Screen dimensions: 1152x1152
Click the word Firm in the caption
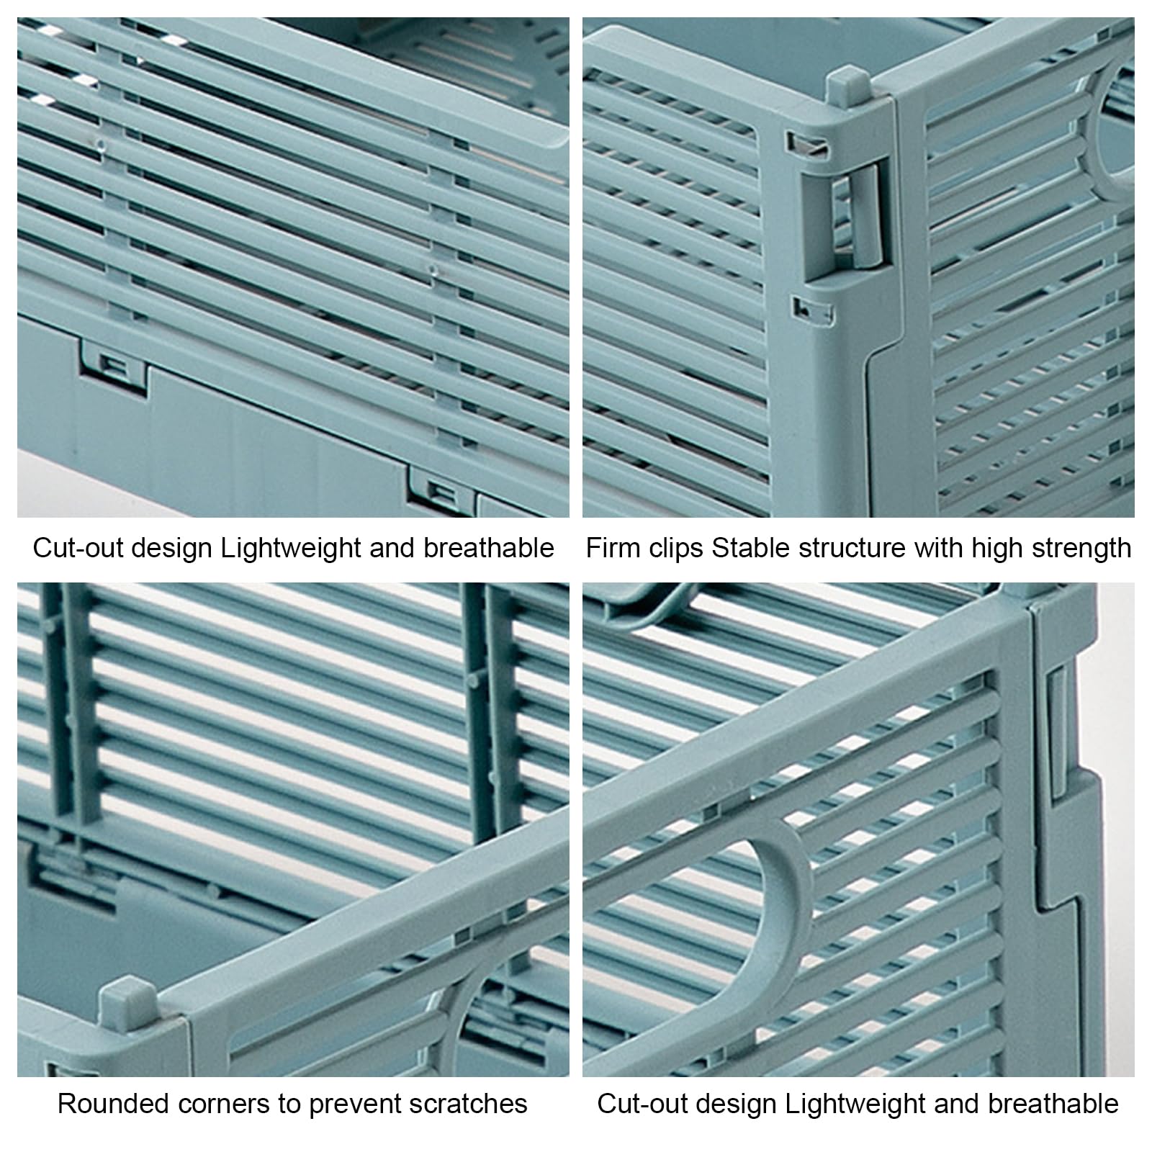click(613, 548)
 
